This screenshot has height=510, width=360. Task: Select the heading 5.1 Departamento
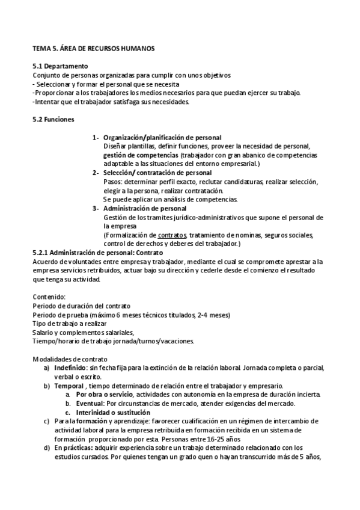[60, 66]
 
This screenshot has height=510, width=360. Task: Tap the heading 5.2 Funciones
[53, 120]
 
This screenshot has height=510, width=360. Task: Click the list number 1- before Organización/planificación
[96, 138]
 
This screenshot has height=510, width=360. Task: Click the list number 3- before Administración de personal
[96, 208]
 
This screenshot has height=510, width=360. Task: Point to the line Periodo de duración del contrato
[81, 307]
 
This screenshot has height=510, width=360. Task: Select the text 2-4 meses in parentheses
[215, 315]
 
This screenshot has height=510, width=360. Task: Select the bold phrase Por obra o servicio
[104, 395]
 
